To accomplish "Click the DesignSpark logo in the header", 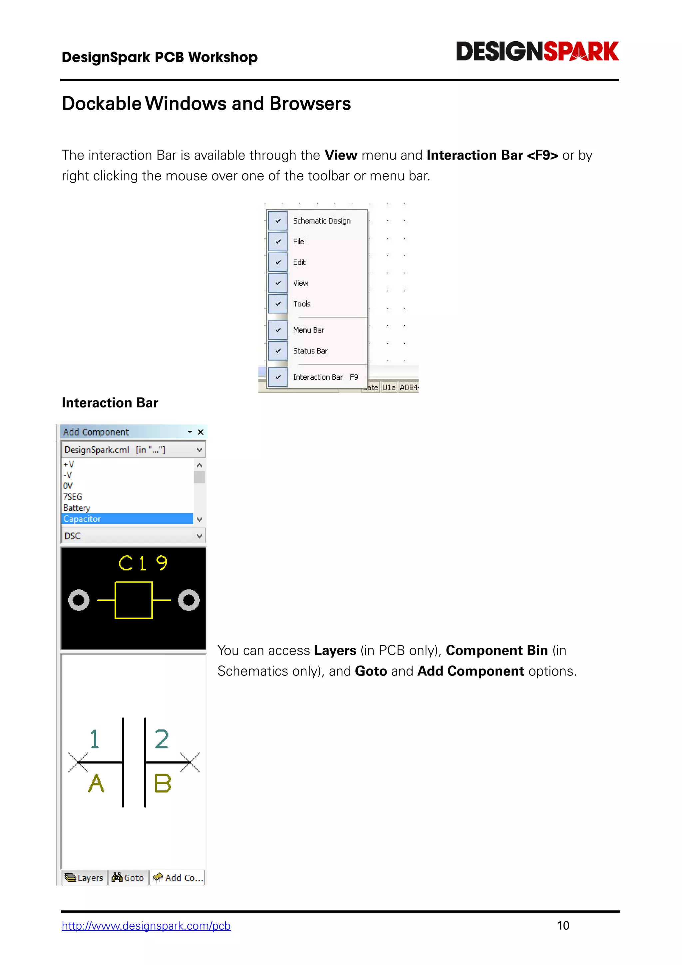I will pyautogui.click(x=537, y=51).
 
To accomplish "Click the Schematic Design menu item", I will pyautogui.click(x=321, y=221).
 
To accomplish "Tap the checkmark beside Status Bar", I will pyautogui.click(x=278, y=351).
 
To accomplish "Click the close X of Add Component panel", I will pyautogui.click(x=201, y=432).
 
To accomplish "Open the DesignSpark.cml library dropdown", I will pyautogui.click(x=199, y=450).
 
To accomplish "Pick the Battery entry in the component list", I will pyautogui.click(x=77, y=508).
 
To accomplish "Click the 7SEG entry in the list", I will pyautogui.click(x=73, y=497).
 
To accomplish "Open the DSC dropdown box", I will pyautogui.click(x=199, y=536).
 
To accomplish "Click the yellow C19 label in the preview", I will pyautogui.click(x=143, y=563).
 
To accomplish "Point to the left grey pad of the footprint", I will pyautogui.click(x=79, y=600).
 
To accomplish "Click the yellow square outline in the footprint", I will pyautogui.click(x=134, y=600).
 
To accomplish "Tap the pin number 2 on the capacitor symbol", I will pyautogui.click(x=162, y=739).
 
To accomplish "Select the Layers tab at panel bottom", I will pyautogui.click(x=85, y=878).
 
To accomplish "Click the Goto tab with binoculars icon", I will pyautogui.click(x=129, y=878).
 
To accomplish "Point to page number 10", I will pyautogui.click(x=563, y=925).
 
